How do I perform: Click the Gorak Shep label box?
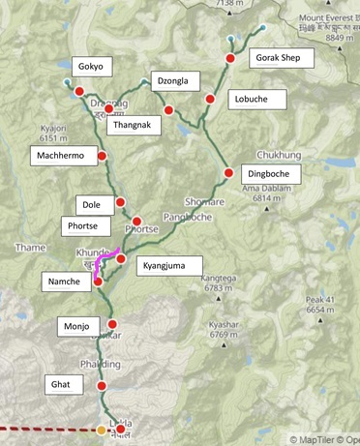tap(284, 58)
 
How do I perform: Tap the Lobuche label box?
tap(258, 99)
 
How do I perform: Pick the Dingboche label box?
tap(273, 174)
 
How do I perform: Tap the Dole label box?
tap(92, 204)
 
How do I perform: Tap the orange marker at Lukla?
tap(102, 431)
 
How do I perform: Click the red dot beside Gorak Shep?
tap(230, 59)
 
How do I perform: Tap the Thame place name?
tap(30, 248)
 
